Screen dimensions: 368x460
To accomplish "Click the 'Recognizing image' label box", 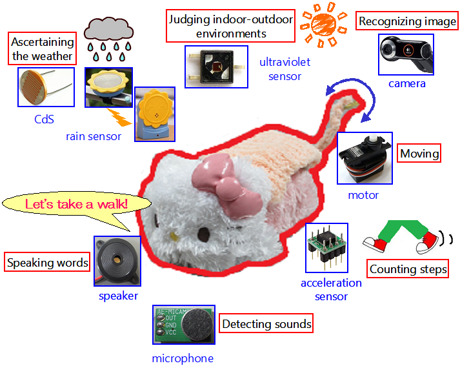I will point(407,21).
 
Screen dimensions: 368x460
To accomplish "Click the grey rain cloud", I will point(108,28).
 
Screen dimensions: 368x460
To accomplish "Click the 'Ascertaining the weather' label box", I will point(43,50).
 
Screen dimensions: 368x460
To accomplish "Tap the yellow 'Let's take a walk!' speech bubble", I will point(77,205).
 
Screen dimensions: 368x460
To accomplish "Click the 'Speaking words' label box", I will point(48,263).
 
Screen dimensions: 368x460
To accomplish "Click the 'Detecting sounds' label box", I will point(266,323).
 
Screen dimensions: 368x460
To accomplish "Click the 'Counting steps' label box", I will point(408,269).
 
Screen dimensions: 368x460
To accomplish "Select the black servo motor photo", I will point(365,159).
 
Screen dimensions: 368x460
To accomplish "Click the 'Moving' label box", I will point(419,154).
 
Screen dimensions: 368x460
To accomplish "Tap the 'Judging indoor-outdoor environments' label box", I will point(230,26).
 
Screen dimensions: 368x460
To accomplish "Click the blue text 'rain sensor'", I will point(94,136).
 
